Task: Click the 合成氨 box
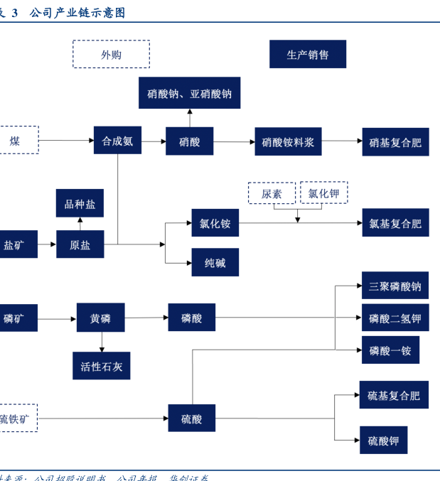pos(117,141)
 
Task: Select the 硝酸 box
pos(190,141)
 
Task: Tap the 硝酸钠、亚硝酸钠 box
pos(189,93)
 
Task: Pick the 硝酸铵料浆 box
pos(288,141)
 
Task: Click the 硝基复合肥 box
pos(395,142)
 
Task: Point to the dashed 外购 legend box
pos(111,54)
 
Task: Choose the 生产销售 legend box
pos(308,54)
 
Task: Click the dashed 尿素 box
pos(272,193)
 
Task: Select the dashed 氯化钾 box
pos(323,193)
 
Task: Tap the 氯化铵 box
pos(215,223)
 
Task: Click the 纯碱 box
pos(215,262)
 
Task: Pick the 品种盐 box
pos(80,204)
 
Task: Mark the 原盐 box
pos(80,244)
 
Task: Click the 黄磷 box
pos(100,318)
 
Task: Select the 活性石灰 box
pos(101,366)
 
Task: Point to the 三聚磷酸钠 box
pos(395,286)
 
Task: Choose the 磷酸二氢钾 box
pos(395,318)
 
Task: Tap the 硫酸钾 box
pos(383,441)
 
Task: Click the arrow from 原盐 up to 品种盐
pos(80,224)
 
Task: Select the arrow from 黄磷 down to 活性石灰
pos(101,342)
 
